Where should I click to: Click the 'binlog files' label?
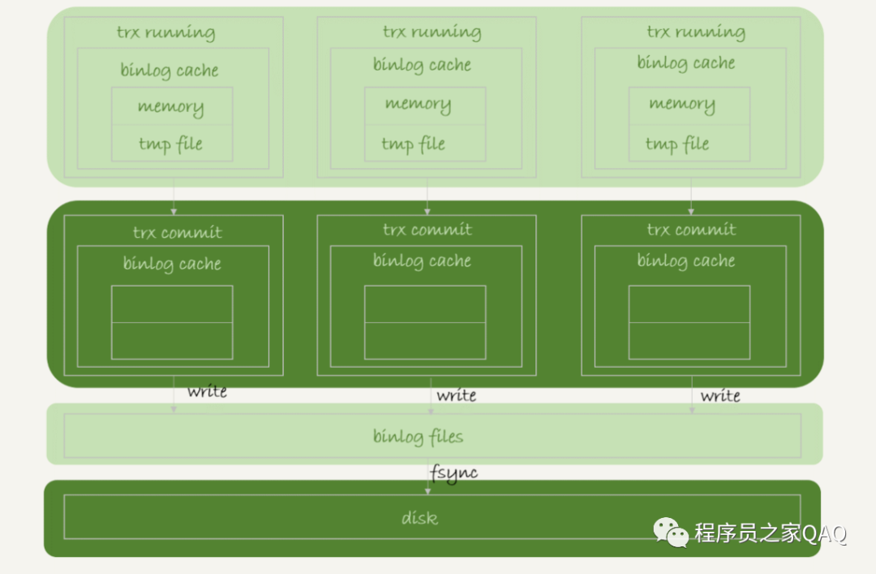tap(418, 437)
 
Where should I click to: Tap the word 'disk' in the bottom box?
tap(419, 517)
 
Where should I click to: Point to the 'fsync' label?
tap(453, 473)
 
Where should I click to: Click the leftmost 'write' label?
tap(207, 392)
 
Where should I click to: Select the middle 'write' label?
tap(456, 395)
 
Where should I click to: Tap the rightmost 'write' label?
tap(720, 395)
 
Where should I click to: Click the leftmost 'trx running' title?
tap(165, 33)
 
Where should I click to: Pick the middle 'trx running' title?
tap(432, 32)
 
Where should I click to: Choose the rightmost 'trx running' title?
tap(696, 32)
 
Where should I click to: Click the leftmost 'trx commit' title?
tap(177, 233)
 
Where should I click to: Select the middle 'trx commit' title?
tap(427, 230)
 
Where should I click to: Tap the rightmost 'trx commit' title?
tap(691, 230)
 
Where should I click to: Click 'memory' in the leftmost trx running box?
tap(170, 106)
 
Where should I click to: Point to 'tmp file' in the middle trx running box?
tap(413, 145)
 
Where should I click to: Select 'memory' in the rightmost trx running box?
tap(681, 104)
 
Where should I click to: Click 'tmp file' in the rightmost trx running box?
tap(677, 145)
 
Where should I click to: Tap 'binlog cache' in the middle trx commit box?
tap(422, 261)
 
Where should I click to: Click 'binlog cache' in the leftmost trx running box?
tap(170, 71)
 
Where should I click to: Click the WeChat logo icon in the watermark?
tap(672, 533)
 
